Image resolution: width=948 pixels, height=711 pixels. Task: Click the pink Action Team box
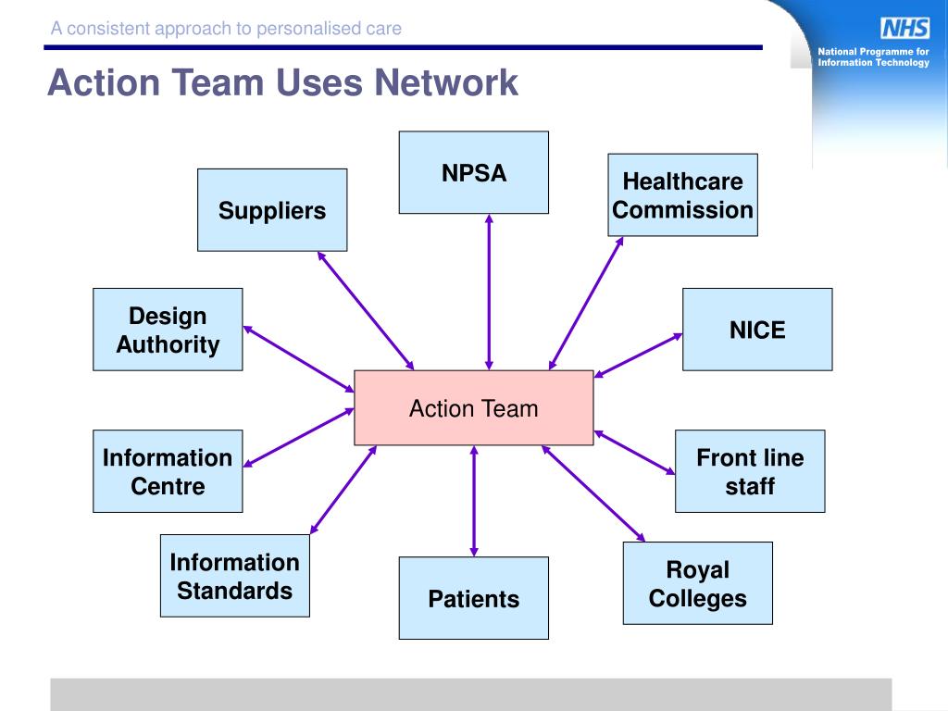click(x=473, y=408)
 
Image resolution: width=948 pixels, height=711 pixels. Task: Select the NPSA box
click(x=473, y=172)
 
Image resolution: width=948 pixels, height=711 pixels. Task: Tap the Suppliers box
click(x=272, y=210)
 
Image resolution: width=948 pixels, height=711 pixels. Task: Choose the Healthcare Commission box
click(x=682, y=194)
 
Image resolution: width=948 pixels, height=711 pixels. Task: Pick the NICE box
click(x=757, y=330)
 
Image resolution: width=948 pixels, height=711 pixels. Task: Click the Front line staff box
click(x=750, y=471)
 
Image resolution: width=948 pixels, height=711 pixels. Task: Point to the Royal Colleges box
click(x=698, y=583)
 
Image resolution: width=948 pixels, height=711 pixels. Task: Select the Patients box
click(x=473, y=598)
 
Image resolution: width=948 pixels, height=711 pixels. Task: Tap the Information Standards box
click(x=234, y=576)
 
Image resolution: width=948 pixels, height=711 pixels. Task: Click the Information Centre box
click(x=168, y=471)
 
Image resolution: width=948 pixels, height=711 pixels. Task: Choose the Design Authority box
click(x=168, y=330)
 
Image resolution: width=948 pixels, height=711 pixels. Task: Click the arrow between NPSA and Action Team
click(x=489, y=292)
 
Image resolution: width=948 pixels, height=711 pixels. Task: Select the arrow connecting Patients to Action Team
click(x=474, y=501)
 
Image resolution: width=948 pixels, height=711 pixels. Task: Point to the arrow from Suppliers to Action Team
click(x=366, y=311)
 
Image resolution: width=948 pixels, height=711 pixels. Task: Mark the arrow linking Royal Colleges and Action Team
click(x=593, y=493)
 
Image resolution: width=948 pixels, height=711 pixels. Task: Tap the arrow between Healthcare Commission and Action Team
click(x=586, y=303)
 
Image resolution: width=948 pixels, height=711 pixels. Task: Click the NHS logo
click(x=905, y=29)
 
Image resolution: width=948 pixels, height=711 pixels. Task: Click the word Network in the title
click(x=446, y=82)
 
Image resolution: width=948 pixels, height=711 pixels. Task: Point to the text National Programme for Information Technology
click(x=873, y=56)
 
